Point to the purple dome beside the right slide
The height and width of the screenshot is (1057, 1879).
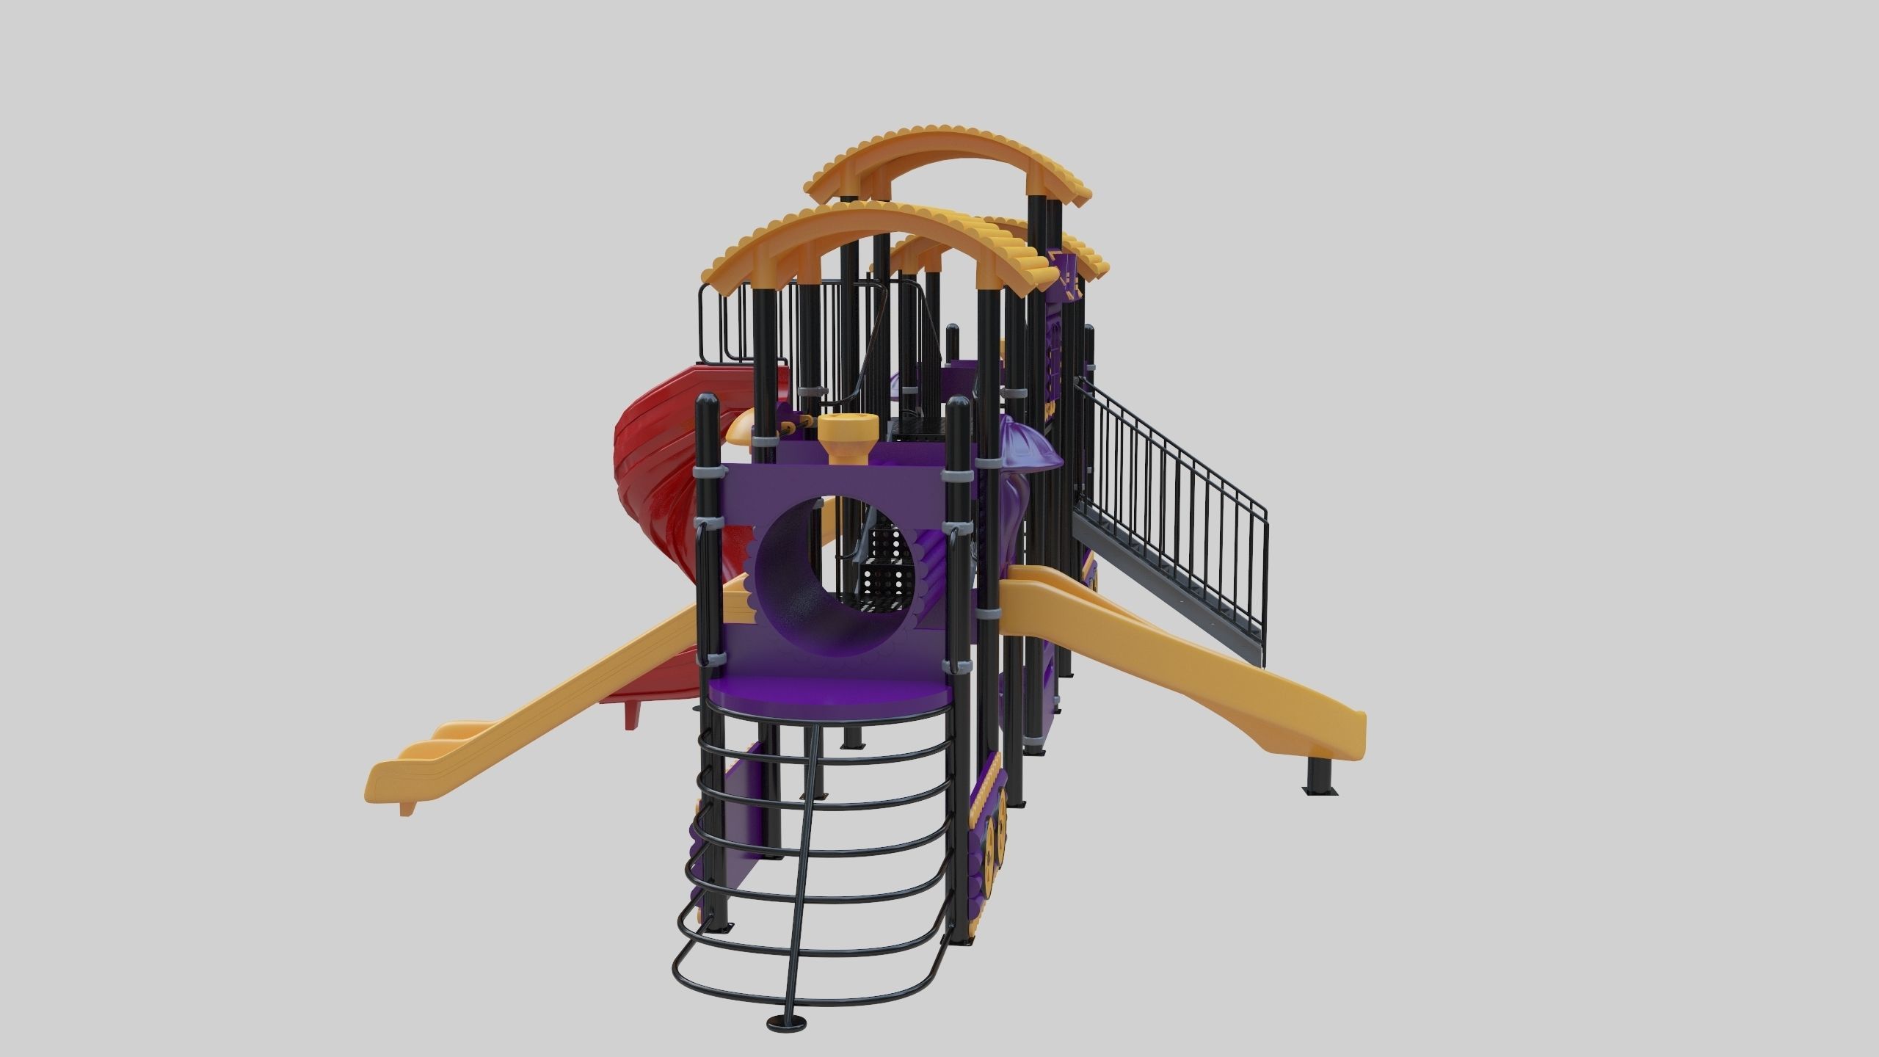tap(1028, 448)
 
